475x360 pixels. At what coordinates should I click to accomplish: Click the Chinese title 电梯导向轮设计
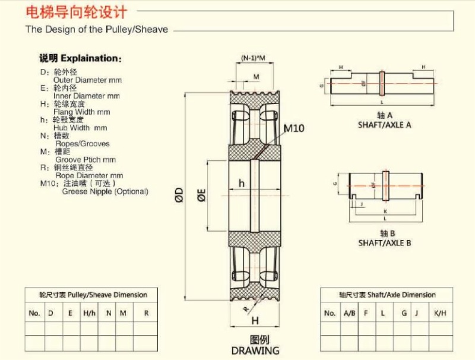(75, 12)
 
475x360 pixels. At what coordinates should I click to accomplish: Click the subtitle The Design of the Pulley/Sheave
(96, 29)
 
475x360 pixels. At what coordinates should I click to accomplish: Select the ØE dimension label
(201, 195)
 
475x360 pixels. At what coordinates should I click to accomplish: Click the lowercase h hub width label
(242, 184)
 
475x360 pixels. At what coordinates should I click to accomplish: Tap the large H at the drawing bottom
(255, 321)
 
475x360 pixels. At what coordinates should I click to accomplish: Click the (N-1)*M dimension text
(254, 58)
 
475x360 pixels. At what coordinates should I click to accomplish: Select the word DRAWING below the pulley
(255, 350)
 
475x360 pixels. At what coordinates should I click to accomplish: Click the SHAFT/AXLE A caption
(384, 125)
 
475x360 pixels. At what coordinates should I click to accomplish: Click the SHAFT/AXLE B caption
(384, 243)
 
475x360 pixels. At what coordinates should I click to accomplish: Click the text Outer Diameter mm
(87, 80)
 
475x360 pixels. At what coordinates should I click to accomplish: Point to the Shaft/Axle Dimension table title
(387, 295)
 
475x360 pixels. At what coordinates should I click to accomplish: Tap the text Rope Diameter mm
(89, 176)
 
